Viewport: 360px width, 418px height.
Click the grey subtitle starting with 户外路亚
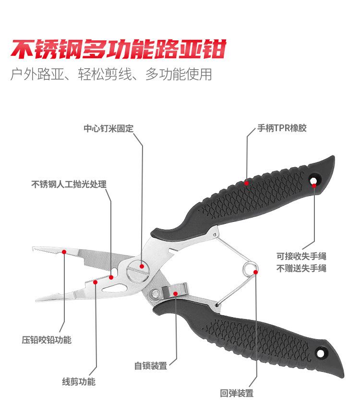pyautogui.click(x=111, y=75)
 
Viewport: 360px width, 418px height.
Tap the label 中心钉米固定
pyautogui.click(x=108, y=129)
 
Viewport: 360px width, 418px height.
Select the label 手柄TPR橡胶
pyautogui.click(x=282, y=128)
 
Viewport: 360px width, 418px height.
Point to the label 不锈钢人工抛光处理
pyautogui.click(x=69, y=184)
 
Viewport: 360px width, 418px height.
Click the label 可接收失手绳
pyautogui.click(x=301, y=256)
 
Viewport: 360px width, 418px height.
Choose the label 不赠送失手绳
pyautogui.click(x=301, y=268)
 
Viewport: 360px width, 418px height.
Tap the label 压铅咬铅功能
pyautogui.click(x=47, y=340)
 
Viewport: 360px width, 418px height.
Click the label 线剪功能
pyautogui.click(x=79, y=382)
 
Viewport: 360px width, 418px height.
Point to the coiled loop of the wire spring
pyautogui.click(x=250, y=268)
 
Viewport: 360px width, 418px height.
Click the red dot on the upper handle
pyautogui.click(x=246, y=183)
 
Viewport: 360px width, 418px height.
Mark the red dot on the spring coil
pyautogui.click(x=256, y=272)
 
